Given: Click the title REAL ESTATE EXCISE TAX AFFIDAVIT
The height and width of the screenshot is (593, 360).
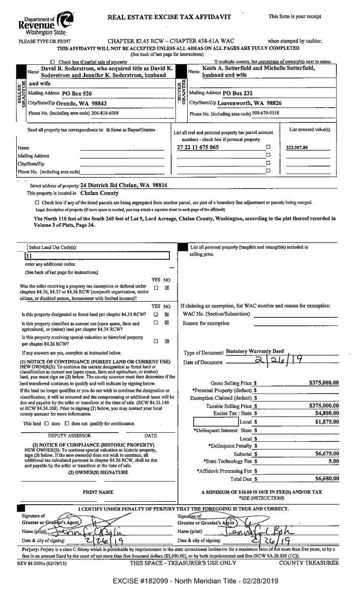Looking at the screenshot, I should pos(169,17).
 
